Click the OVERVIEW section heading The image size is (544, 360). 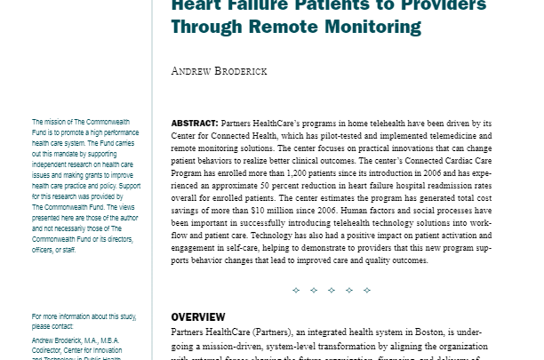click(198, 317)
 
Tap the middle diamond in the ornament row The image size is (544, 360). click(331, 290)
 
